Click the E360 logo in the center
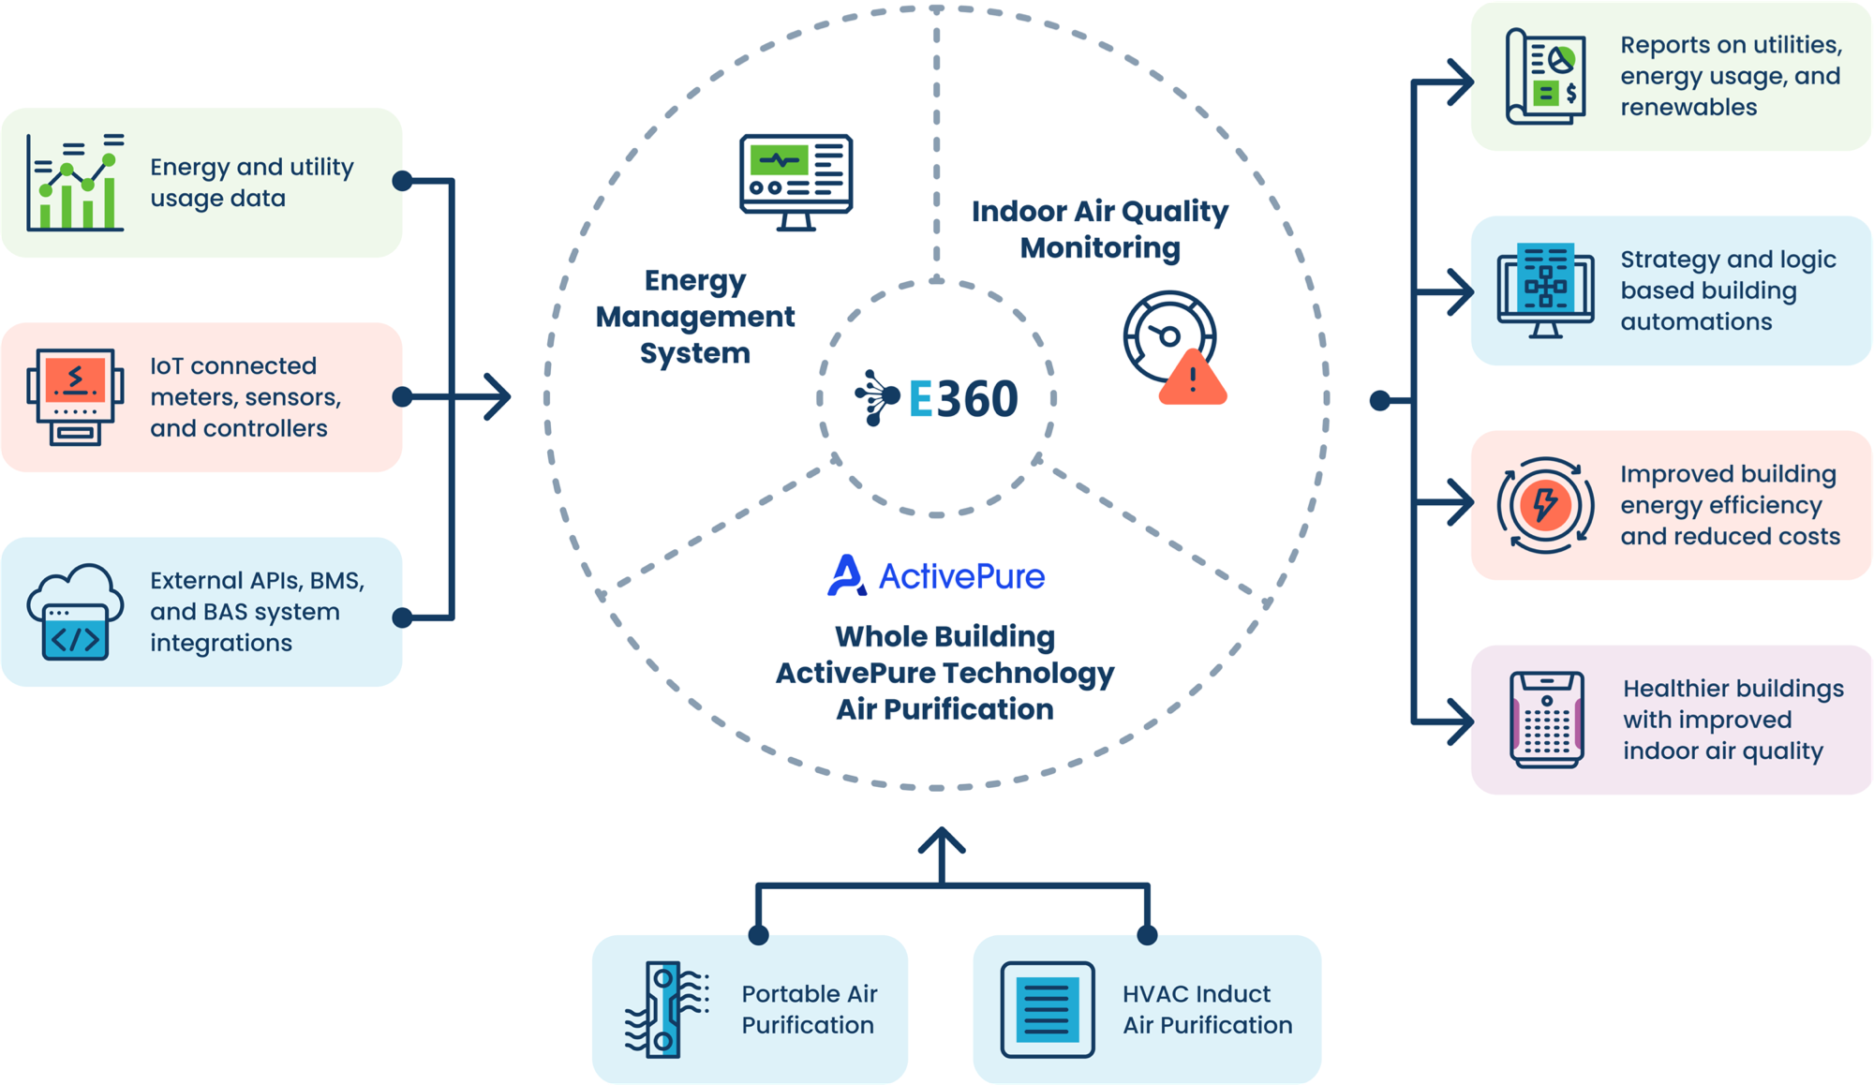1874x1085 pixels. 937,398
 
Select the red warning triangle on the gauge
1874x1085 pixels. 1192,379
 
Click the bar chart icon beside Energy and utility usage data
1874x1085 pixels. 75,183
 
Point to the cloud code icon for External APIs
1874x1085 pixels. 75,613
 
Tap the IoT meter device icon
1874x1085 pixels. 75,397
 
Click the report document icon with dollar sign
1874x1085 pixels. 1546,77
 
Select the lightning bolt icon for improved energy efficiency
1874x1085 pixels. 1545,505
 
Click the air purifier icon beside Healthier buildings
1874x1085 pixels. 1546,720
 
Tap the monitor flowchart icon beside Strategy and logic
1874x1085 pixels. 1545,290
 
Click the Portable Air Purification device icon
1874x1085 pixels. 666,1010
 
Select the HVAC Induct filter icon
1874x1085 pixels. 1047,1010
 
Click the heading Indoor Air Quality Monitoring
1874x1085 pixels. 1099,230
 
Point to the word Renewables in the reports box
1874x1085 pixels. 1688,108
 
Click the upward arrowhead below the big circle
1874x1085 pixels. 942,839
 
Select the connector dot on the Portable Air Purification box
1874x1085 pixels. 759,935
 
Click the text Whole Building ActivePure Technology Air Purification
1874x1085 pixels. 944,673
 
